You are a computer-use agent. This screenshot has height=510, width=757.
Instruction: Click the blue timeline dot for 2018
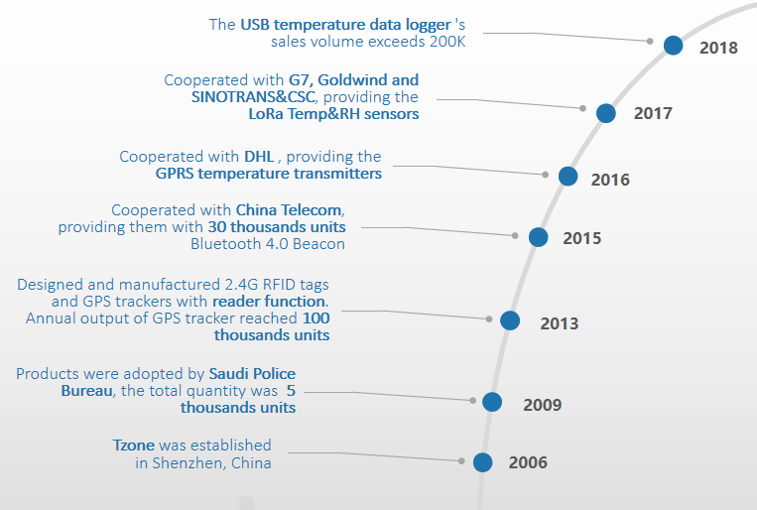(x=673, y=45)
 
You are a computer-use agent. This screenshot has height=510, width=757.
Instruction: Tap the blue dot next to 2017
(x=606, y=113)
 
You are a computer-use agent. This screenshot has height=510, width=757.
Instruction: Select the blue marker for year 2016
(x=568, y=176)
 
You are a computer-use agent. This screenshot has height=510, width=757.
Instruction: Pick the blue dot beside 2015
(x=538, y=237)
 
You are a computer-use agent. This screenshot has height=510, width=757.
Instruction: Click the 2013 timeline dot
(x=510, y=320)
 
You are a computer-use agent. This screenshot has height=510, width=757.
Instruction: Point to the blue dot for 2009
(x=492, y=402)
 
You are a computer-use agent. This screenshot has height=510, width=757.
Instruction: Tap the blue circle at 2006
(x=482, y=461)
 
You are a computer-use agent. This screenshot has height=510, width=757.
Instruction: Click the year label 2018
(x=718, y=48)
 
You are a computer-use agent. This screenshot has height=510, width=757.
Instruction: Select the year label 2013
(x=559, y=323)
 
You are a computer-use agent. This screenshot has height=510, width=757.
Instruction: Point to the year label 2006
(x=528, y=463)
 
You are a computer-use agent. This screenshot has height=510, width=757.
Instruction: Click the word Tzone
(x=134, y=446)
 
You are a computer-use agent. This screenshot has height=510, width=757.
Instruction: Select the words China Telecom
(x=289, y=210)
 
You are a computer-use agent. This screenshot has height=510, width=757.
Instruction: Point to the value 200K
(x=443, y=41)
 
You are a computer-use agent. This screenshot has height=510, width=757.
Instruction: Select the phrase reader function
(x=268, y=301)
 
